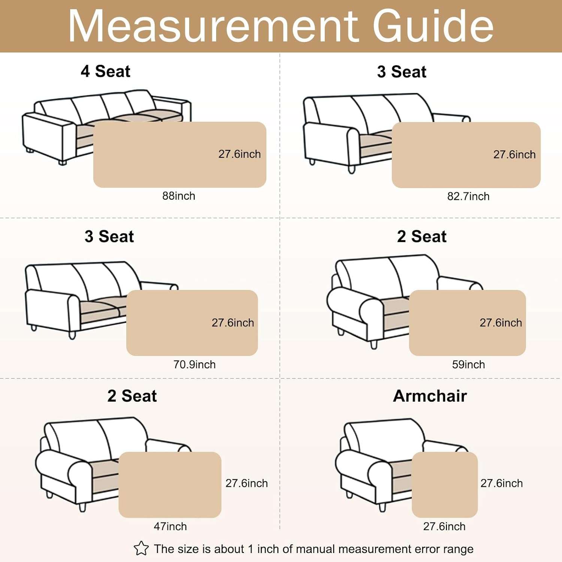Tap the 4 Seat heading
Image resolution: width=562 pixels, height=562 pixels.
coord(106,71)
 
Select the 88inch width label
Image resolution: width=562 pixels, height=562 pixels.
coord(179,196)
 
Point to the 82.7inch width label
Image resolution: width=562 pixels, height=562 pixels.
coord(468,196)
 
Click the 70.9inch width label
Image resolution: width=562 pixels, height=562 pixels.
coord(194,365)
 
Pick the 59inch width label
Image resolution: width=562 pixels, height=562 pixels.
coord(468,365)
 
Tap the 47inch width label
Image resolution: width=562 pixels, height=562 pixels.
coord(170,526)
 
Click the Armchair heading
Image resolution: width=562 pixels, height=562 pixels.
coord(430,396)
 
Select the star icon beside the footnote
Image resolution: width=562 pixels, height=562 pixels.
coord(141,549)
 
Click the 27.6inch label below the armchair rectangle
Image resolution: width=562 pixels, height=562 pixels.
coord(444,526)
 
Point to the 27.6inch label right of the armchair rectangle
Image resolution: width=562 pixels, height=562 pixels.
coord(502,483)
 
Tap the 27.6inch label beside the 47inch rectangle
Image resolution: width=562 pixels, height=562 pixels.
coord(247,483)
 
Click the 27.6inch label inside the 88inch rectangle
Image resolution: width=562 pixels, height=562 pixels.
coord(240,154)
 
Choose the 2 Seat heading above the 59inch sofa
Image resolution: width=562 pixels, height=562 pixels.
coord(422,236)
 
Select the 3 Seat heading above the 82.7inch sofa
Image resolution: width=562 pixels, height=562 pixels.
coord(402,72)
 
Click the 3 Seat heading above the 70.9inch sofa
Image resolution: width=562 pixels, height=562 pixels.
coord(109,236)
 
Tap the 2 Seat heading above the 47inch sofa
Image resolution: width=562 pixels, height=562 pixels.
coord(132,396)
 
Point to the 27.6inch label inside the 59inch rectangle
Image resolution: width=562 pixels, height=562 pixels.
coord(501,323)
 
